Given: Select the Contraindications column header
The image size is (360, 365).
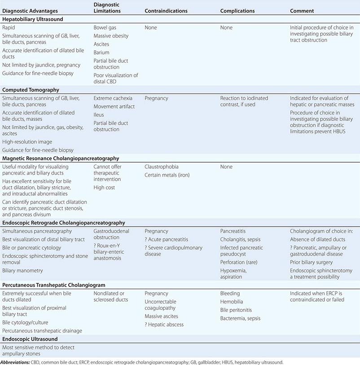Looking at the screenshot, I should (x=166, y=10).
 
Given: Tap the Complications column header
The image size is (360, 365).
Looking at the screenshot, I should (x=237, y=10).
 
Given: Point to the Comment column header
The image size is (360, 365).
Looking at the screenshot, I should (x=302, y=10).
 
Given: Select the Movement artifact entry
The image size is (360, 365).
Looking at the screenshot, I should (x=114, y=106).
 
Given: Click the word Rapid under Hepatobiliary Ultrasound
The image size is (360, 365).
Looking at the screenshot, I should (x=9, y=27).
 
